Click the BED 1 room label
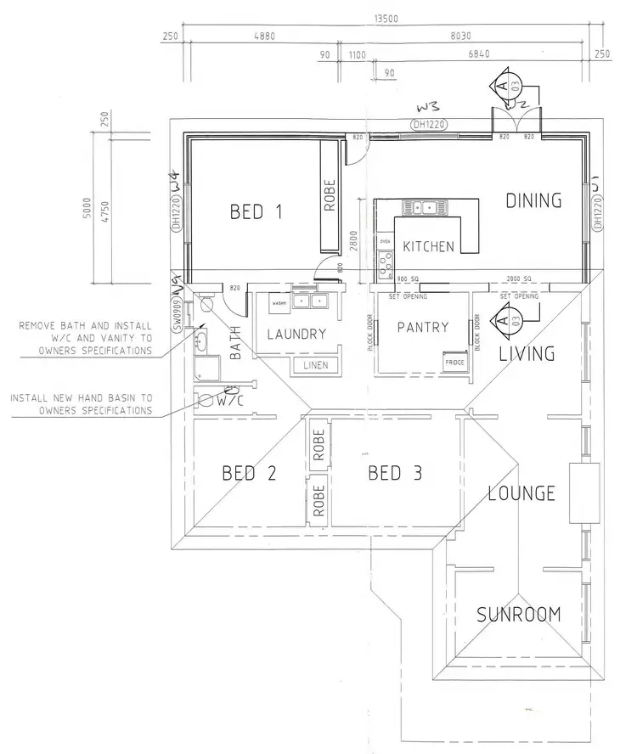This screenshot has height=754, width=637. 256,211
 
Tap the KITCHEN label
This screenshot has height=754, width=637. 428,246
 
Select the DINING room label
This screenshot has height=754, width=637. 533,200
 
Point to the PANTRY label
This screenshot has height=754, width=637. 423,326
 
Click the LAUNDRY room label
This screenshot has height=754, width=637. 296,334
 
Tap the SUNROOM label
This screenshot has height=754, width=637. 517,614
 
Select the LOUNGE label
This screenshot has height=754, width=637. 521,492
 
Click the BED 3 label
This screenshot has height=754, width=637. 395,473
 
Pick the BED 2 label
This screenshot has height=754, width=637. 249,473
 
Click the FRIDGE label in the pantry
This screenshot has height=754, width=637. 455,362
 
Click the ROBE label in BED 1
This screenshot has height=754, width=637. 330,195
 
